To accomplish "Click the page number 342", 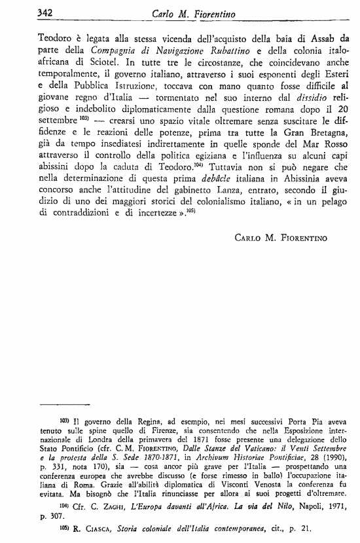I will pos(26,12).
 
